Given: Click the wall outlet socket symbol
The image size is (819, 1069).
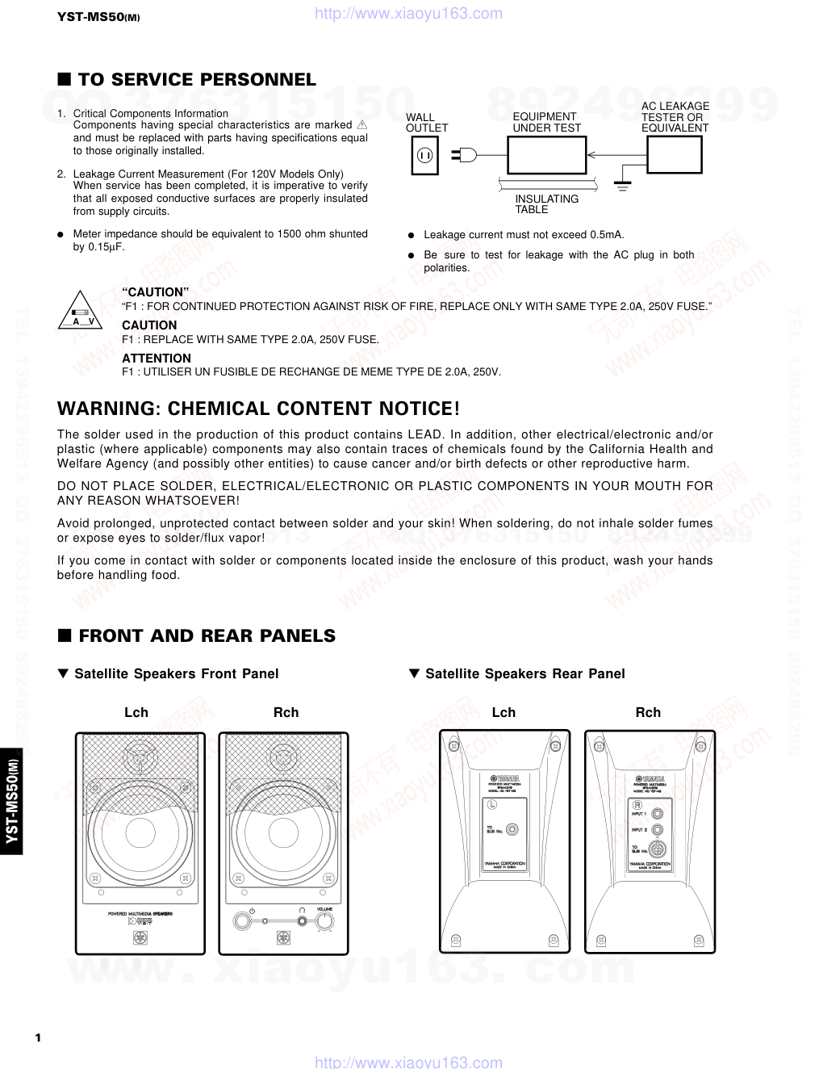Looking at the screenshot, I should pos(424,155).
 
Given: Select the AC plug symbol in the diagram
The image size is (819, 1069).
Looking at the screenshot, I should pos(464,155).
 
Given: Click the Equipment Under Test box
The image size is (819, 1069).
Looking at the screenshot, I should pos(546,155).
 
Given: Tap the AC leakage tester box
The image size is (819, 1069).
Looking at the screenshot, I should pos(674,155).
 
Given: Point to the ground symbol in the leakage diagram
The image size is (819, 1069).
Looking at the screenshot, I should pos(622,187).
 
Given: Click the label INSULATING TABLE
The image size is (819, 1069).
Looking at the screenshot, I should pos(546,204).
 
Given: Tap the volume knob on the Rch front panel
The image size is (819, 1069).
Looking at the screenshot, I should pos(325,921).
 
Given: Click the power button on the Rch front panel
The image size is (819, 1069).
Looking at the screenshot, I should pos(242,920).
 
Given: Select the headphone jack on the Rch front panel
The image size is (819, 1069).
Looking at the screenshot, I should pos(302,920).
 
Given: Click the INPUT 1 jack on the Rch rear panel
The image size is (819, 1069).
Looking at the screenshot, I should pos(658,814).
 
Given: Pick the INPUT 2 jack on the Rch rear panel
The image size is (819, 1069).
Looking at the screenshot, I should pos(658,830).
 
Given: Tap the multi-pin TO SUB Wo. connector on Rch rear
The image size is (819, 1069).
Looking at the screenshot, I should pos(658,849).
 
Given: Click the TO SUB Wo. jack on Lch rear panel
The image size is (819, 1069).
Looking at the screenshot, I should pos(512,829).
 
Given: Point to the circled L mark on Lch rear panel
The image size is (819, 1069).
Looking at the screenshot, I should pos(491,804).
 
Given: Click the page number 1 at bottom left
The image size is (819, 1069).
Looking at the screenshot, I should pos(38,1038).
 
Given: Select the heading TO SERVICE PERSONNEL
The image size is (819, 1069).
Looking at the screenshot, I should pos(196,80).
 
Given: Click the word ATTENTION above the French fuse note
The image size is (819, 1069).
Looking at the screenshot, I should pos(157,358).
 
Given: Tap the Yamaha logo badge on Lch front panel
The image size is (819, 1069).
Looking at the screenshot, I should pos(140,937).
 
